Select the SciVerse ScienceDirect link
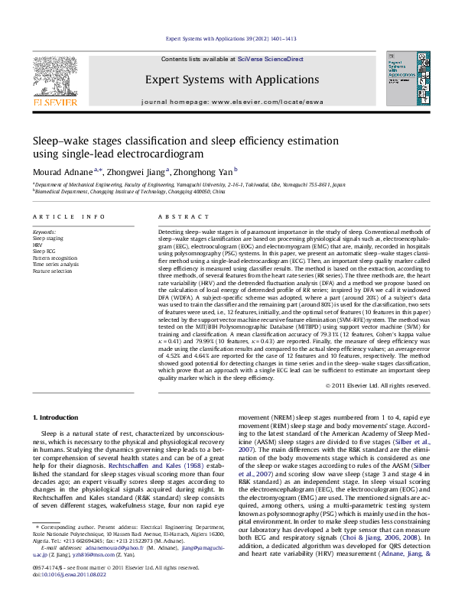(x=270, y=59)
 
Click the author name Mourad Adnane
(x=62, y=172)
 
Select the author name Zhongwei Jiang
(x=135, y=172)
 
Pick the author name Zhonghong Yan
(x=202, y=172)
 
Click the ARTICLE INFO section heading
(x=69, y=216)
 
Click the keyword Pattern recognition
(x=56, y=257)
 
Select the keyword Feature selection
(x=52, y=271)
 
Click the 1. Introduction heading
(x=57, y=417)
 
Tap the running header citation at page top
(x=231, y=38)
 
